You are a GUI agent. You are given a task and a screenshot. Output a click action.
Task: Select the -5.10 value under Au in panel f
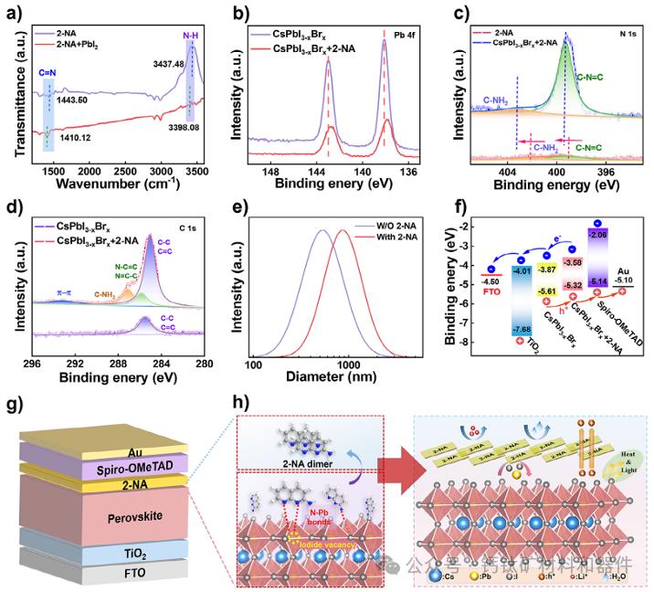pyautogui.click(x=625, y=281)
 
